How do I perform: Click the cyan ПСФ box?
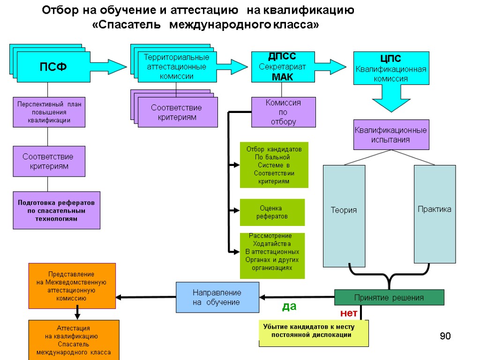tap(53, 67)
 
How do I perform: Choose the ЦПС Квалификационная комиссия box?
tap(391, 68)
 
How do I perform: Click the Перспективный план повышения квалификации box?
tap(49, 112)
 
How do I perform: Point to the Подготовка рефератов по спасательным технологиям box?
tap(56, 210)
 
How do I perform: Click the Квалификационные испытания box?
tap(391, 135)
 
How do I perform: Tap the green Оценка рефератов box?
tap(272, 212)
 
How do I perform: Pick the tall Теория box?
tap(344, 216)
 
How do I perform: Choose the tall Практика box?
tap(435, 214)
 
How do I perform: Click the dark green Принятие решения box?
tap(389, 298)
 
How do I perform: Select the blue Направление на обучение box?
tap(217, 297)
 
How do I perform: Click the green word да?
tap(289, 307)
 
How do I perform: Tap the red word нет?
tap(348, 313)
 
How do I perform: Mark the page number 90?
tap(445, 336)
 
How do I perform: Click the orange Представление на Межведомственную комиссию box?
tap(72, 285)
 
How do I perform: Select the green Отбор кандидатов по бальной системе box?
tap(274, 165)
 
